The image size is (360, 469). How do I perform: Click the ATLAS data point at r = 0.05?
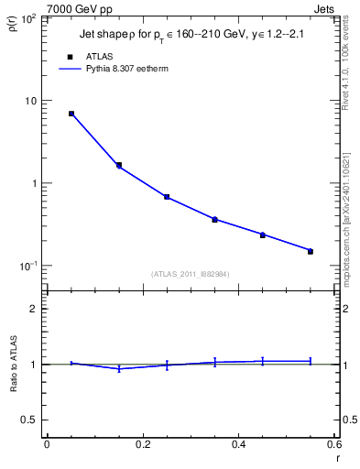[71, 114]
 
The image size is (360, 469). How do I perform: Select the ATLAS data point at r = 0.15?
[119, 165]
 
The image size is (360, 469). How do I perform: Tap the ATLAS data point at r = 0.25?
[167, 197]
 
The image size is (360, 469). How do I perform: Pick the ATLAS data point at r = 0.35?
[214, 219]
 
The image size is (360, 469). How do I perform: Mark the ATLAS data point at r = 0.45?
[263, 235]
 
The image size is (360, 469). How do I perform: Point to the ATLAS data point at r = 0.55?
[311, 251]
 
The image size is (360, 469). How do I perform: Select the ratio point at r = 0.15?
[119, 368]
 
